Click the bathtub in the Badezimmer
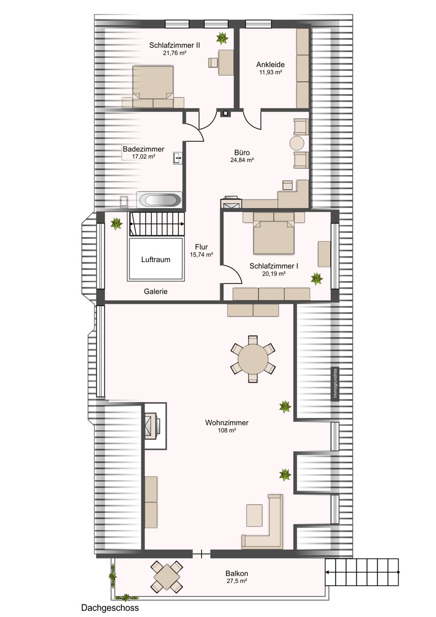(x=159, y=199)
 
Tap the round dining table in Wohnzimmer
(x=252, y=358)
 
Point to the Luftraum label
(x=156, y=260)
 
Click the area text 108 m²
(x=227, y=431)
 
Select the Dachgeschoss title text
(x=110, y=608)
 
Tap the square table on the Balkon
(x=167, y=576)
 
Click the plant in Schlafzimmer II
(x=223, y=38)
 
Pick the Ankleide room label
(x=270, y=65)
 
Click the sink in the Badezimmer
(x=177, y=157)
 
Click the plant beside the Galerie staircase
(x=116, y=223)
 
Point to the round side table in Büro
(x=297, y=143)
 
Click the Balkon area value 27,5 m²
(x=237, y=581)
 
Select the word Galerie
(x=156, y=292)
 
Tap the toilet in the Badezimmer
(x=123, y=202)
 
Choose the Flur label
(x=201, y=246)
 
